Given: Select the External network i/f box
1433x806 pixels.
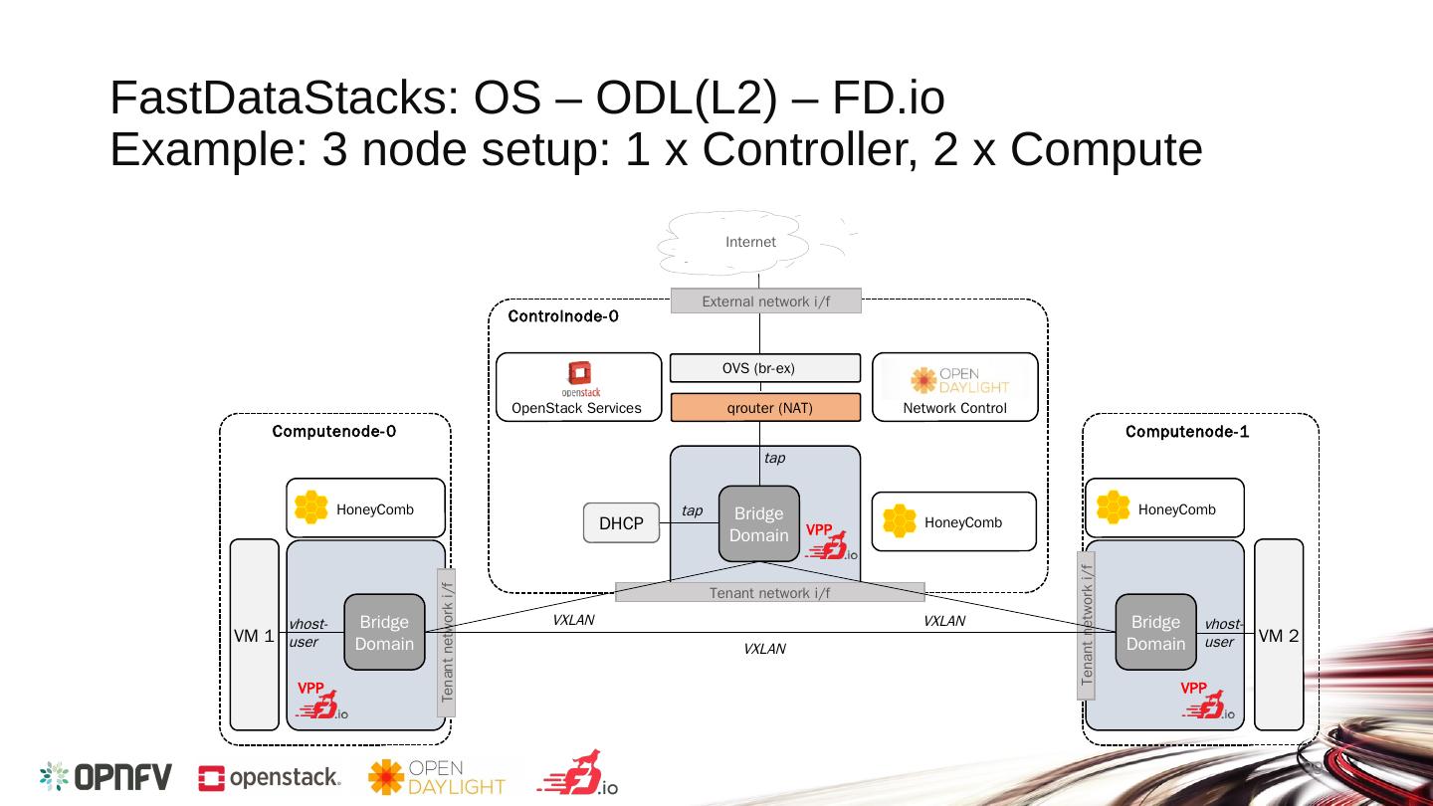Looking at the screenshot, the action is pos(766,301).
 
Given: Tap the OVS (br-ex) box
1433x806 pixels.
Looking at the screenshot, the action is pos(765,368).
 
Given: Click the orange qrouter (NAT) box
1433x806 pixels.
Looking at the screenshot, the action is pos(766,408).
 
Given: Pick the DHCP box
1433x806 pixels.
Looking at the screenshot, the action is pos(621,523).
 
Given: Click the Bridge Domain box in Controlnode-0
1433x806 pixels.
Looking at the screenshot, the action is pos(759,523).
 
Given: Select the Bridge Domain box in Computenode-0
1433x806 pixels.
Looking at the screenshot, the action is pos(384,632).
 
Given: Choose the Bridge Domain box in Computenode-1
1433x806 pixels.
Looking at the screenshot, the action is pos(1156,632).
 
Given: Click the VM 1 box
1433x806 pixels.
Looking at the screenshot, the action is pos(254,635).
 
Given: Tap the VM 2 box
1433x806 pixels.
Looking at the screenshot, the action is pos(1279,635).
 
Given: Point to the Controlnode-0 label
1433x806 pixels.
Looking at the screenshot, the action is pos(563,316).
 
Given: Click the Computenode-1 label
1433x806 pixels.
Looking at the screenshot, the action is pos(1186,431).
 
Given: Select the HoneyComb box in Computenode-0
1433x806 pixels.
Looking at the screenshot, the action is pos(365,507).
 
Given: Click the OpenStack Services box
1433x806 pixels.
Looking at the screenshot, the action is pos(579,387).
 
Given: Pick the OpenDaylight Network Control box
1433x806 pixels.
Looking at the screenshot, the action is pos(955,387).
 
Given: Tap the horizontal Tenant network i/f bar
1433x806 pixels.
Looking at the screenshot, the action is pos(769,592).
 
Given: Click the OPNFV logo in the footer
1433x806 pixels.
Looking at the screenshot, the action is pos(105,776).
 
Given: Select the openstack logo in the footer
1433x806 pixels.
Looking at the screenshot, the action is pos(270,778).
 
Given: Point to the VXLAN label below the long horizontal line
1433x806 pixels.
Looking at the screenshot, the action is pos(764,649).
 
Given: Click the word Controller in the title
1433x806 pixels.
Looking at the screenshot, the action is pos(810,149).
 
